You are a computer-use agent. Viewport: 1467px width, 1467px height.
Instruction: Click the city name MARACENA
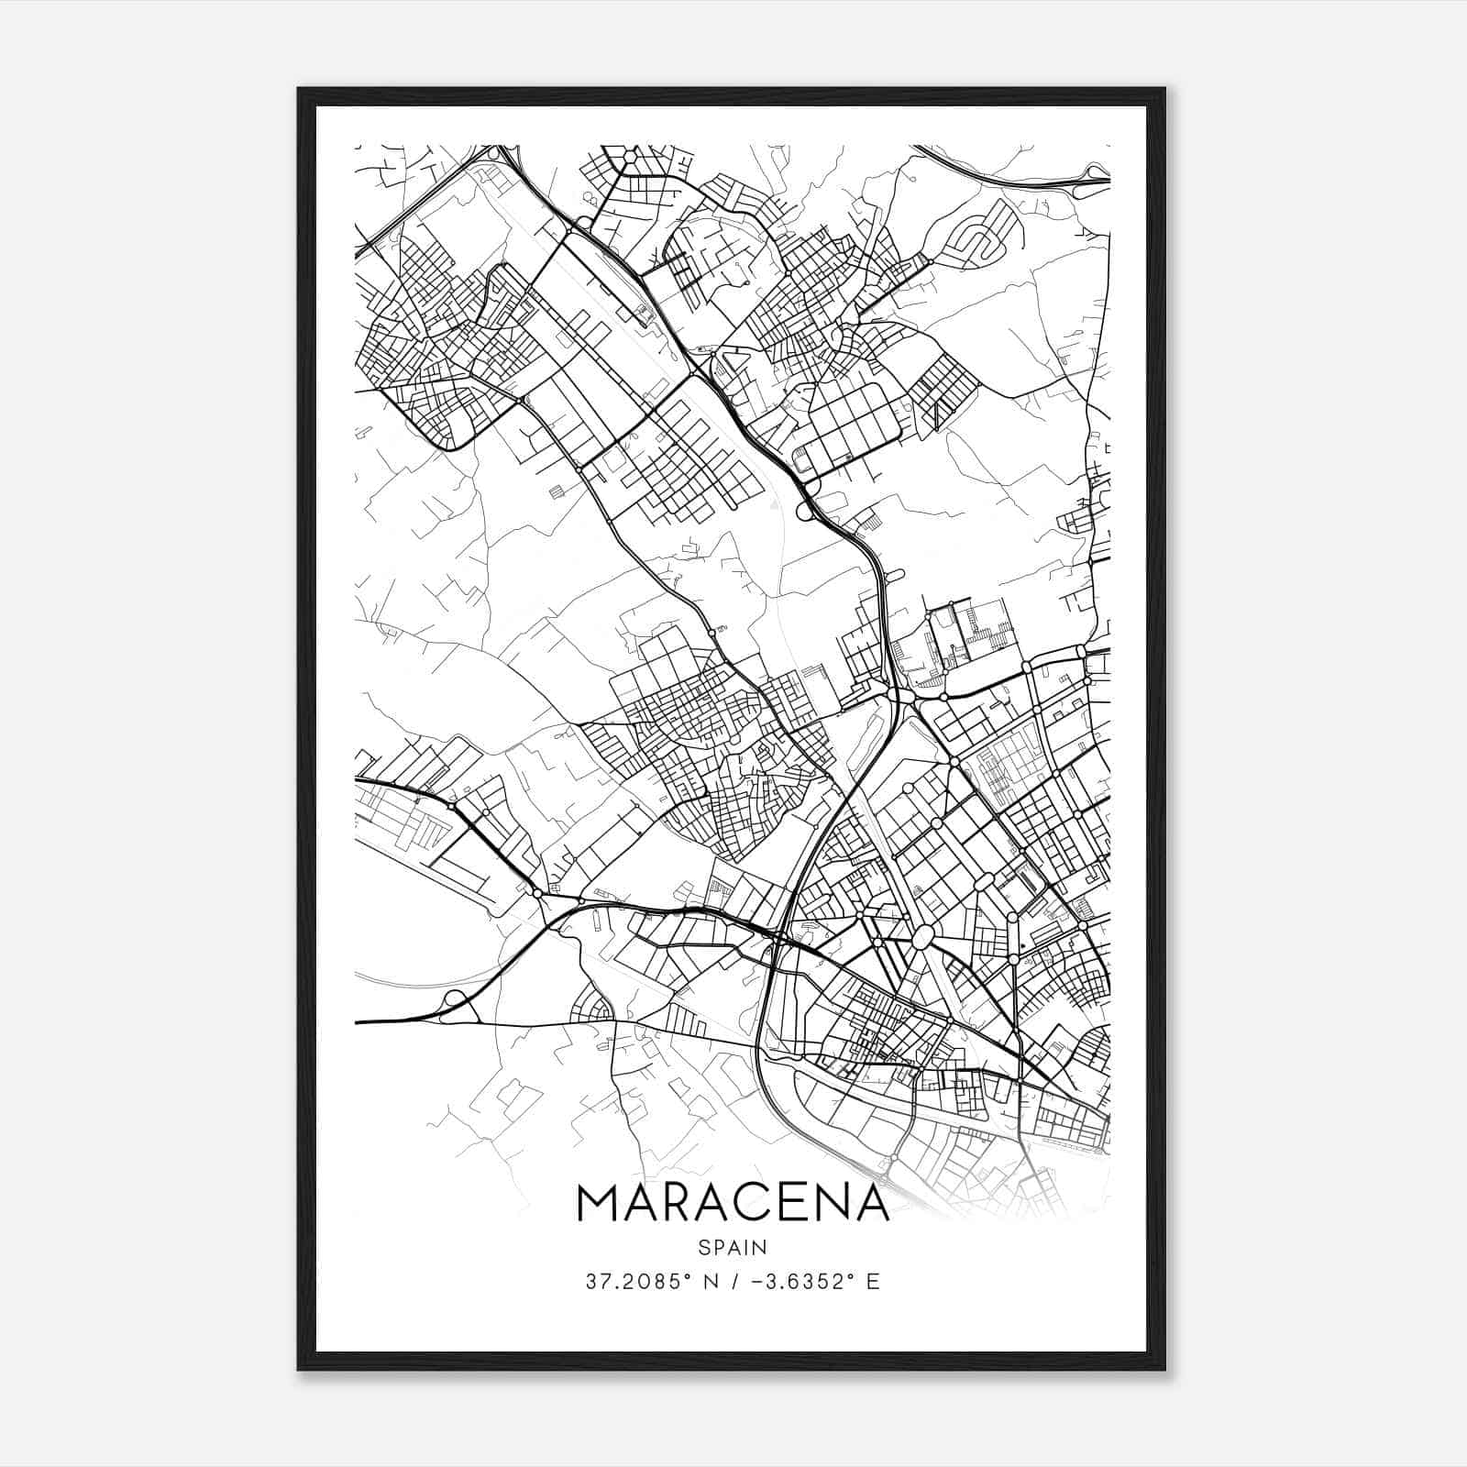coord(733,1203)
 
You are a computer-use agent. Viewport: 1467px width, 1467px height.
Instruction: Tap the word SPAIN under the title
coord(733,1247)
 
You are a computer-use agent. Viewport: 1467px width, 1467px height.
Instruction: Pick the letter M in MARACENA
coord(598,1203)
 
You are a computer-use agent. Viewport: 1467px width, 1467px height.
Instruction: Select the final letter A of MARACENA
coord(872,1203)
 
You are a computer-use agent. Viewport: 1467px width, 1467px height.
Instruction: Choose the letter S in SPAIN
coord(703,1247)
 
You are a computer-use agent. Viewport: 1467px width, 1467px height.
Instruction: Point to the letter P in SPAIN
coord(718,1247)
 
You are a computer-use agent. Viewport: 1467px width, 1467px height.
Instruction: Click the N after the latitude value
coord(708,1282)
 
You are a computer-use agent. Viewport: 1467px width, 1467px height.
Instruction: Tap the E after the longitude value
coord(873,1282)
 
